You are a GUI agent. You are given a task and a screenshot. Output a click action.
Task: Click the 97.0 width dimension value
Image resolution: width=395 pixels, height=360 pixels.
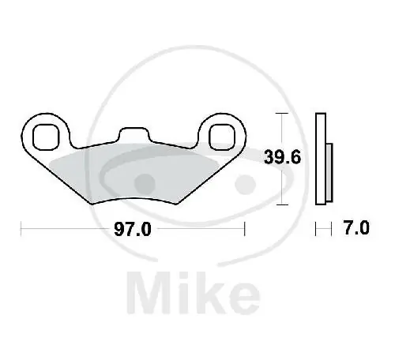coord(133,229)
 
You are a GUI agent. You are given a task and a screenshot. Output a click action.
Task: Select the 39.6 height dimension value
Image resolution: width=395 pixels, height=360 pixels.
coord(282,157)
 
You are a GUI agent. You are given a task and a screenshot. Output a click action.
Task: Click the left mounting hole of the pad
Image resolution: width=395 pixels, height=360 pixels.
coord(46,137)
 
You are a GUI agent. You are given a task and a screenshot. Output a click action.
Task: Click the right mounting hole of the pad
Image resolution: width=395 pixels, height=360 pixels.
coord(222,137)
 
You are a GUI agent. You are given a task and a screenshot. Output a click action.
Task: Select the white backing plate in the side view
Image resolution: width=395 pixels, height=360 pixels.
coord(321,159)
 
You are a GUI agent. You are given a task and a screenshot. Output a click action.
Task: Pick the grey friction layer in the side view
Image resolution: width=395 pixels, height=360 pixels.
coord(329,173)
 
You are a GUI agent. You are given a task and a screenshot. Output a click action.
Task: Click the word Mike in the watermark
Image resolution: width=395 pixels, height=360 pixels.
coord(194,293)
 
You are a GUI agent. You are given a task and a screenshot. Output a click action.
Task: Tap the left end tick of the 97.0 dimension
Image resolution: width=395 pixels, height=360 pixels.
coord(21,229)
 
